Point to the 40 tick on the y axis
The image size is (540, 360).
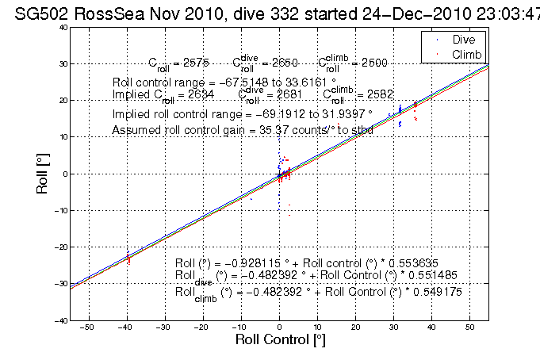(61, 27)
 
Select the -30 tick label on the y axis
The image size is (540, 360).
(59, 284)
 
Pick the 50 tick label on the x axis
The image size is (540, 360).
(469, 327)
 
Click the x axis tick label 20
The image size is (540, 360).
(355, 327)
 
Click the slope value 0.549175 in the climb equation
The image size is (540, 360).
(429, 291)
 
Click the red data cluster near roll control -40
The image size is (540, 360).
(128, 257)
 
